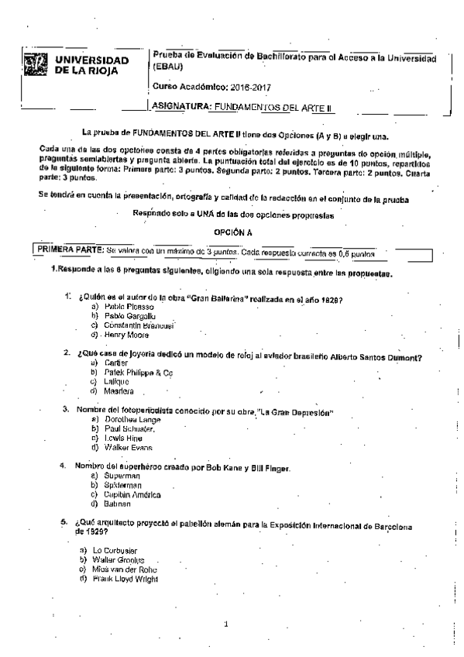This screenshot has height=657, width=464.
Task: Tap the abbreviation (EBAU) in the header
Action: [x=169, y=68]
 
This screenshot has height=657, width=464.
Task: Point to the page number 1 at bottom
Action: [x=225, y=622]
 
